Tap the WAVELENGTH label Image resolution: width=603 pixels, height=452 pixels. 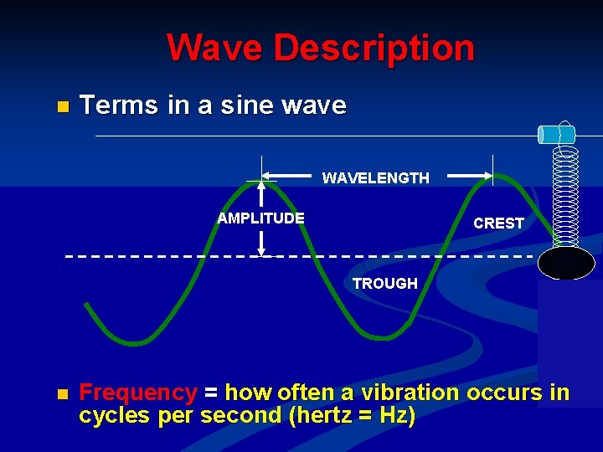375,178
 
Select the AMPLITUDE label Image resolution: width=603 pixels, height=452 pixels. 260,218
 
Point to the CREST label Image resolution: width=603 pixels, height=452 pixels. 498,223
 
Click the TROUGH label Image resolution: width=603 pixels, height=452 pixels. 384,284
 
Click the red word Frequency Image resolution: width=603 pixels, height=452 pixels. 137,393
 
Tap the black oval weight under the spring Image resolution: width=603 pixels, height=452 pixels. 566,263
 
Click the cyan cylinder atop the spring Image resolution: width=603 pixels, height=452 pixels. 556,134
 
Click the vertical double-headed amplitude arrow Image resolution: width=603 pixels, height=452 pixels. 261,217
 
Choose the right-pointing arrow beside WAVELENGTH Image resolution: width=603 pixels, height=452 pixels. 469,177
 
